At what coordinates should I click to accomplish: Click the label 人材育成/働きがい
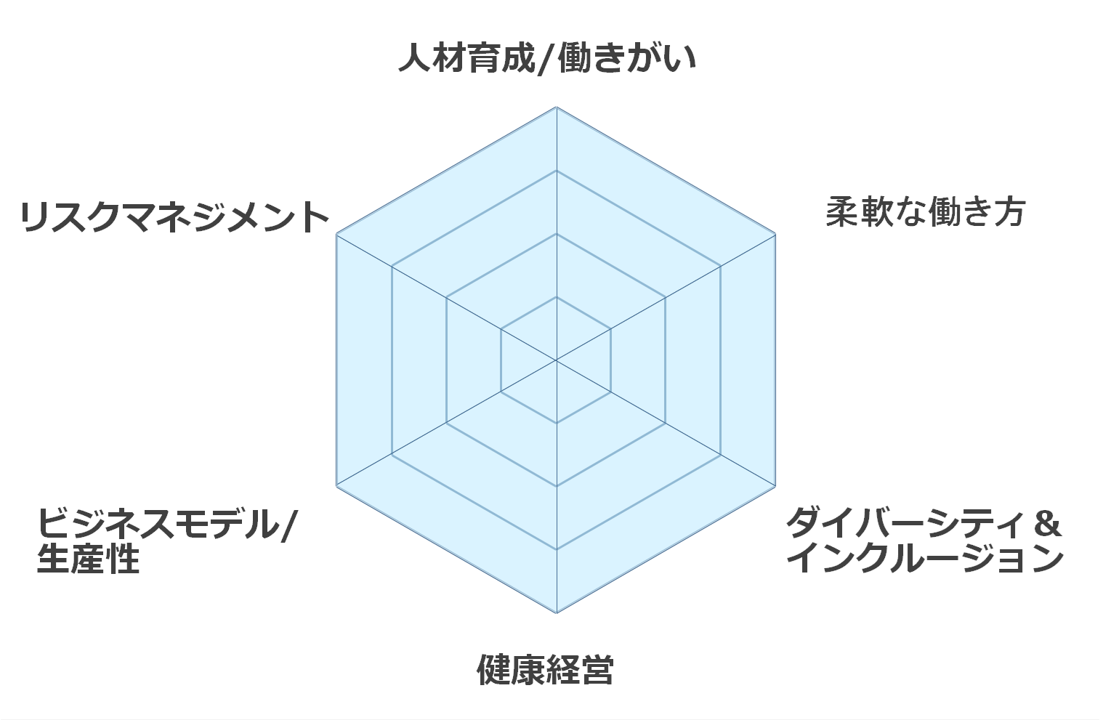(546, 59)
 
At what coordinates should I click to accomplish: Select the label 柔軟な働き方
(925, 212)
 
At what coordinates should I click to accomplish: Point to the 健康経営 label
(545, 669)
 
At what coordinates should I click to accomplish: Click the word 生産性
(88, 559)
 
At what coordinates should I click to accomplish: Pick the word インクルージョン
(925, 559)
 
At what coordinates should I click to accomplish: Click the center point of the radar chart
(556, 360)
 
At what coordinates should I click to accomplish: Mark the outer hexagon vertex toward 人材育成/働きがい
(556, 108)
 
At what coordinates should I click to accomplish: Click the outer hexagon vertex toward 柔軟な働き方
(775, 234)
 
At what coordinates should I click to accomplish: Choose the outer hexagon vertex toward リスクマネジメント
(337, 234)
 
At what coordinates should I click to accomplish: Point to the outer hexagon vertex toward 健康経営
(556, 612)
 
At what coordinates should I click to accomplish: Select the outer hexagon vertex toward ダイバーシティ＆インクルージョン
(775, 486)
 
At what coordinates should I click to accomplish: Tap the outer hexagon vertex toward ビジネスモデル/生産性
(337, 486)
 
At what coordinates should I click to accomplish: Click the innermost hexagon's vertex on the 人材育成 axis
(556, 297)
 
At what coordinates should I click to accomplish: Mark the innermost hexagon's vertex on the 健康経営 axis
(556, 423)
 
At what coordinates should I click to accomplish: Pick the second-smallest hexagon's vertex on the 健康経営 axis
(556, 486)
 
